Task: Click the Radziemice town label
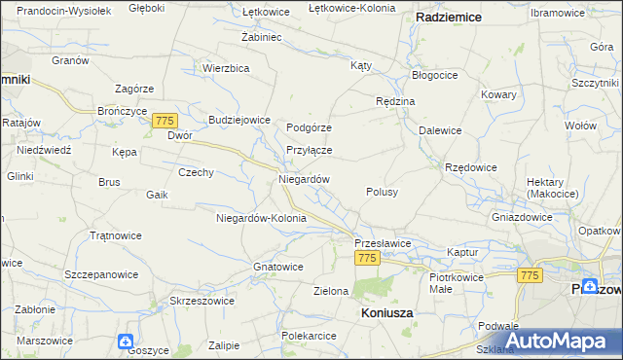click(x=451, y=18)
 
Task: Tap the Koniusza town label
click(x=386, y=313)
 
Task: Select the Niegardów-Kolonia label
click(x=261, y=218)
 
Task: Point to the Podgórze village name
click(x=310, y=127)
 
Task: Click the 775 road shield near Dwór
click(x=165, y=120)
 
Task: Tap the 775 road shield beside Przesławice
click(x=367, y=258)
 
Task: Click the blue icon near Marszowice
click(x=126, y=342)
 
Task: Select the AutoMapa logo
click(x=564, y=341)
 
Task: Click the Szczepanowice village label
click(x=101, y=274)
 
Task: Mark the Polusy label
click(x=382, y=192)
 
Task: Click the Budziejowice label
click(x=238, y=120)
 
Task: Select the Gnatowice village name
click(x=277, y=266)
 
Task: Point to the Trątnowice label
click(x=116, y=235)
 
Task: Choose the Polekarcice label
click(x=309, y=336)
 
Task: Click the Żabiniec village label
click(x=261, y=36)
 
